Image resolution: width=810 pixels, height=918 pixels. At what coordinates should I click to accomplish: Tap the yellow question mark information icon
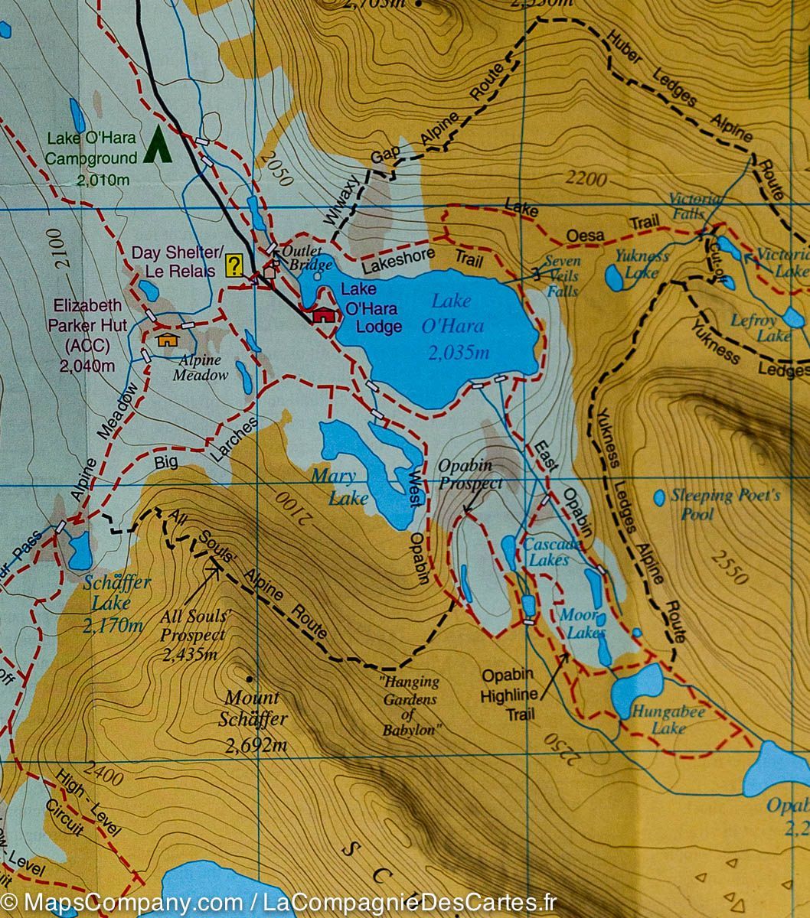pyautogui.click(x=235, y=265)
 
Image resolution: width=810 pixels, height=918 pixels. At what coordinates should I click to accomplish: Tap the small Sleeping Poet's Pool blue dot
pyautogui.click(x=659, y=497)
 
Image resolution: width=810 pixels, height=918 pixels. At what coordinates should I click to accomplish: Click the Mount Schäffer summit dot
pyautogui.click(x=249, y=678)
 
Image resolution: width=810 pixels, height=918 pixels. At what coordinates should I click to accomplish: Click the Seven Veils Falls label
pyautogui.click(x=563, y=276)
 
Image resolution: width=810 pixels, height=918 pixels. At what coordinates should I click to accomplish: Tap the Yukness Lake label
pyautogui.click(x=642, y=264)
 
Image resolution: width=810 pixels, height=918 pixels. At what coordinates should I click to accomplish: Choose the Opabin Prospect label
pyautogui.click(x=470, y=474)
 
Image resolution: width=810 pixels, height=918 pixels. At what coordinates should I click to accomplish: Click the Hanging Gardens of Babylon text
pyautogui.click(x=411, y=705)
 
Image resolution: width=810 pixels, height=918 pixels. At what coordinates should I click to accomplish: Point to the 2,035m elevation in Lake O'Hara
pyautogui.click(x=458, y=353)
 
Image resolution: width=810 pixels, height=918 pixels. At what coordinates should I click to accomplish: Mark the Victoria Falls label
pyautogui.click(x=694, y=206)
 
